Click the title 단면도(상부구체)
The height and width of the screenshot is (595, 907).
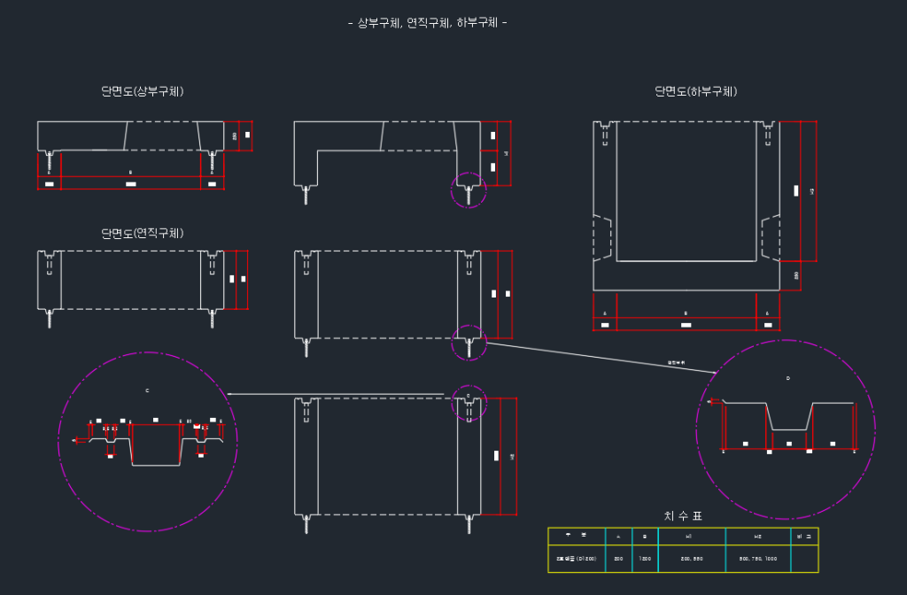tap(143, 91)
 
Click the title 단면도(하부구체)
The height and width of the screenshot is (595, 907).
tap(696, 91)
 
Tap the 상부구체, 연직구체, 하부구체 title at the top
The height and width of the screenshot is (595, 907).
tap(428, 22)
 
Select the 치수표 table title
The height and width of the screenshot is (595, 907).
tap(683, 516)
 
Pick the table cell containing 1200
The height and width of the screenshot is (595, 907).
tap(645, 559)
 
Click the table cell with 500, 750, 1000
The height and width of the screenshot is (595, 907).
tap(757, 559)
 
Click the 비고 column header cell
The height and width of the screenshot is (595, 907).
tap(803, 536)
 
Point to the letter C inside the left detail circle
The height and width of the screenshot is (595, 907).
tap(148, 390)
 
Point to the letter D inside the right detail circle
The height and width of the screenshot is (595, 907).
tap(787, 378)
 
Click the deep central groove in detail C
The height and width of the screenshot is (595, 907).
tap(156, 452)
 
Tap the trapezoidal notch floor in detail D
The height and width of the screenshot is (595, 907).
tap(788, 429)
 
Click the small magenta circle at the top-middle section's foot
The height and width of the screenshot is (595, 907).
tap(469, 191)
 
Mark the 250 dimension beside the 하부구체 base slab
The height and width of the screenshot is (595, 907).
tap(796, 275)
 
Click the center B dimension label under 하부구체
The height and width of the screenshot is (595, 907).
tap(686, 313)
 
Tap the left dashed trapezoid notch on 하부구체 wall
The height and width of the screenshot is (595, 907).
tap(602, 237)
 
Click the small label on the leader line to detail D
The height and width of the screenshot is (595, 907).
tap(676, 362)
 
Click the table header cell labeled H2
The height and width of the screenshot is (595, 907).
tap(757, 536)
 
